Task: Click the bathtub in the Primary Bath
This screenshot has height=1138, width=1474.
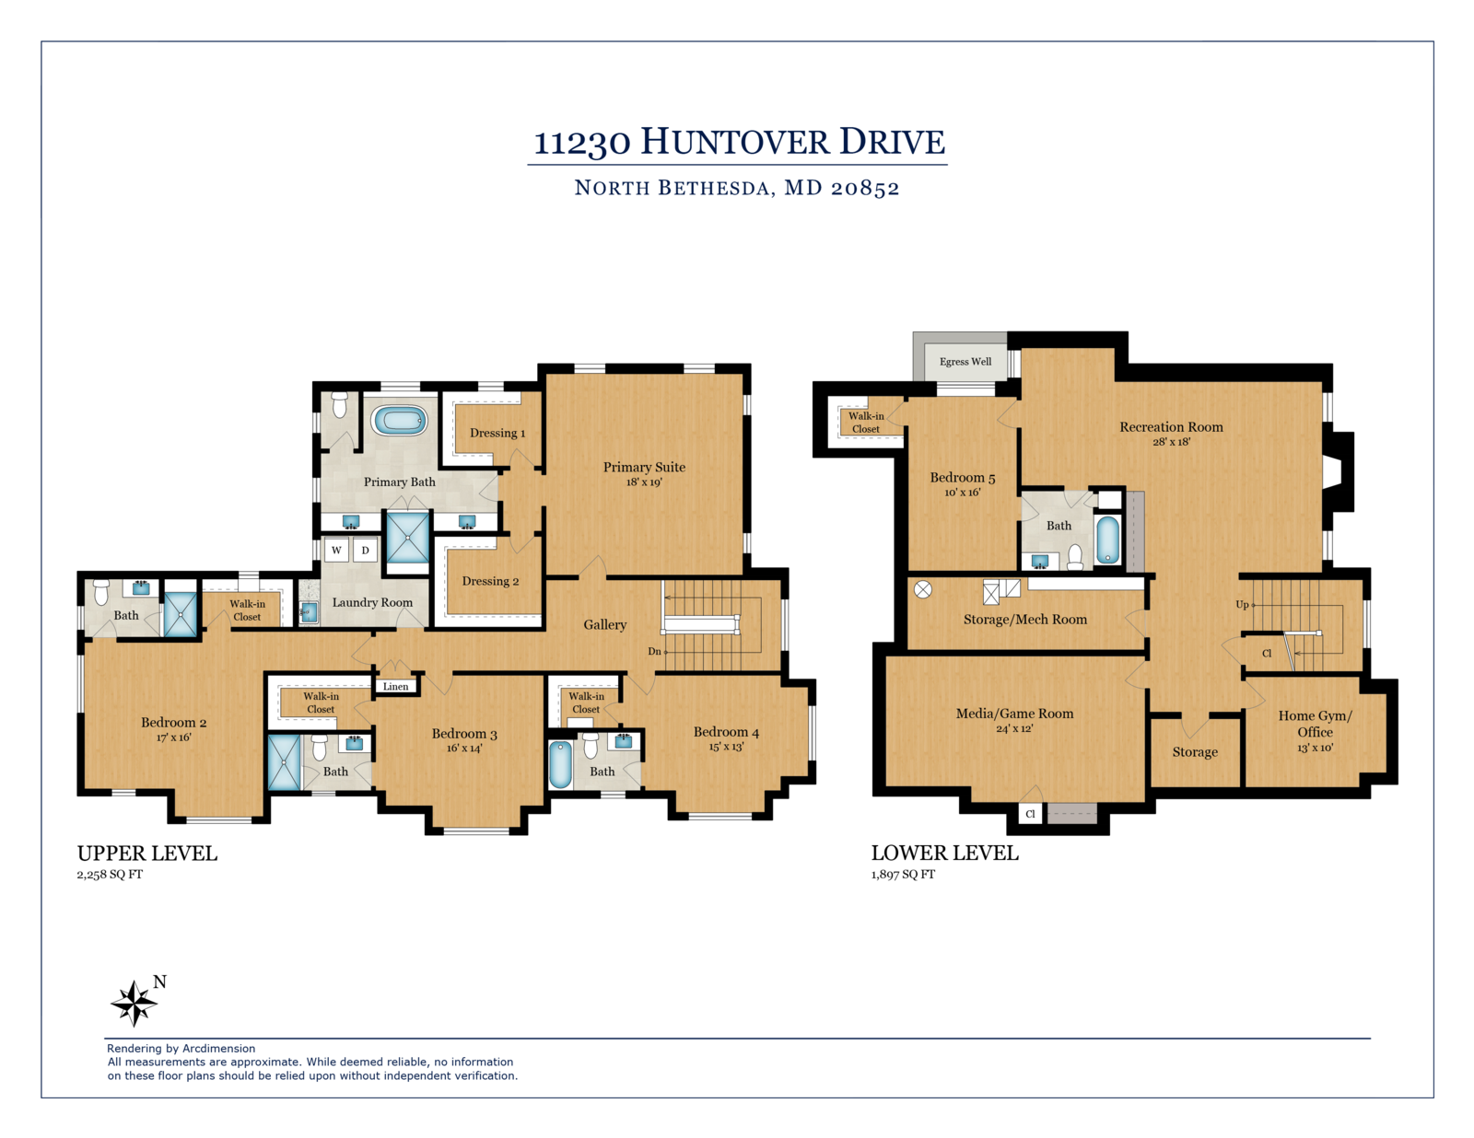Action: click(x=399, y=420)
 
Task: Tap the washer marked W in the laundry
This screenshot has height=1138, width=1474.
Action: click(x=336, y=550)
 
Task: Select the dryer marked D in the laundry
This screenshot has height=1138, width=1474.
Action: click(x=365, y=550)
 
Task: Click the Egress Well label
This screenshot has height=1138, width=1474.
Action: click(x=965, y=361)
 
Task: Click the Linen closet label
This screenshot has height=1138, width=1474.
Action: click(x=395, y=687)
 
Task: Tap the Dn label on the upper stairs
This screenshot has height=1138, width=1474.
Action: click(x=654, y=651)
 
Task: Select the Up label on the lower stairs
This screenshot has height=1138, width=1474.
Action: click(x=1242, y=605)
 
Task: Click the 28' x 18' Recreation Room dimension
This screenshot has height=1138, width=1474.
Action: click(x=1172, y=442)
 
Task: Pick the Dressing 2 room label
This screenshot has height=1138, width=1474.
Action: click(x=490, y=581)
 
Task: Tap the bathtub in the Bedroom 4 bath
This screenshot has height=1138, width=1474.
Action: click(x=560, y=764)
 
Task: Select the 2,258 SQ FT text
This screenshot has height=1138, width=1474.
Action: click(x=110, y=875)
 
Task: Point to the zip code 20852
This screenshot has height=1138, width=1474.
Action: click(x=865, y=188)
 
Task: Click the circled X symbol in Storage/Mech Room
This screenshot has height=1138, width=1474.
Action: click(x=922, y=589)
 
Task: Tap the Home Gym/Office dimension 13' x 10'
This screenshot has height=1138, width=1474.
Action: click(x=1315, y=749)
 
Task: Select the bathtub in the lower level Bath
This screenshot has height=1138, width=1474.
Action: click(x=1107, y=540)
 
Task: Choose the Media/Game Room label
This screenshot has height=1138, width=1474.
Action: click(x=1015, y=713)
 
